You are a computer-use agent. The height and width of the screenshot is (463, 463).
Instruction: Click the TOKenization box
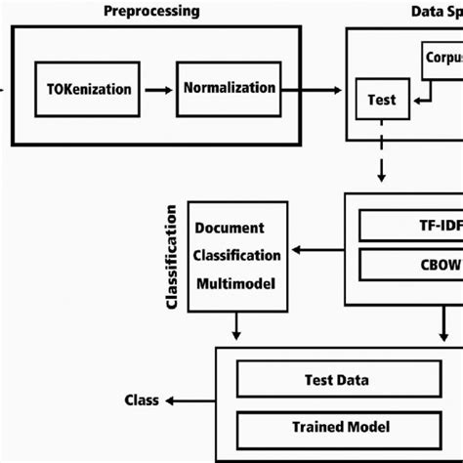[88, 89]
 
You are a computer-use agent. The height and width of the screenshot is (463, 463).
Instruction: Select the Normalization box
[229, 88]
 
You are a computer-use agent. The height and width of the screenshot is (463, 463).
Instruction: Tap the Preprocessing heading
[150, 12]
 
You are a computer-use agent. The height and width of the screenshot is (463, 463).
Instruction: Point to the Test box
[382, 100]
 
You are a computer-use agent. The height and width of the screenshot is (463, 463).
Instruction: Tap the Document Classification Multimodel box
[237, 256]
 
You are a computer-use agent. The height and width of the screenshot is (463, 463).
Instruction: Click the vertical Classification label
[172, 256]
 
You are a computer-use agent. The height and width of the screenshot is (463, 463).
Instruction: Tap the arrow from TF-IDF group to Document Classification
[316, 249]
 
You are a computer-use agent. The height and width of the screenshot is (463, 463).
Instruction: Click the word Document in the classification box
[231, 229]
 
